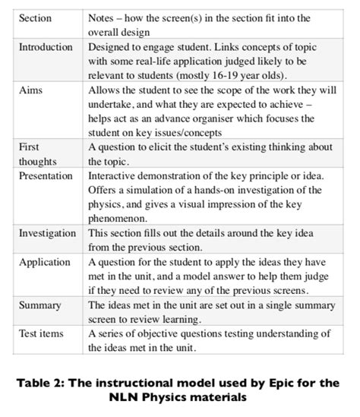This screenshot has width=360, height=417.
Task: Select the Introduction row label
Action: tap(46, 47)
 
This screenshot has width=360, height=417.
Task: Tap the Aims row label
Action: tap(31, 90)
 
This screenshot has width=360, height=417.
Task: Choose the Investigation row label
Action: tap(48, 233)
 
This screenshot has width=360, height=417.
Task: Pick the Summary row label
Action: tap(39, 305)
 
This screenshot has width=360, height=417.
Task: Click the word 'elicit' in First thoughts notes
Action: tap(164, 147)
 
